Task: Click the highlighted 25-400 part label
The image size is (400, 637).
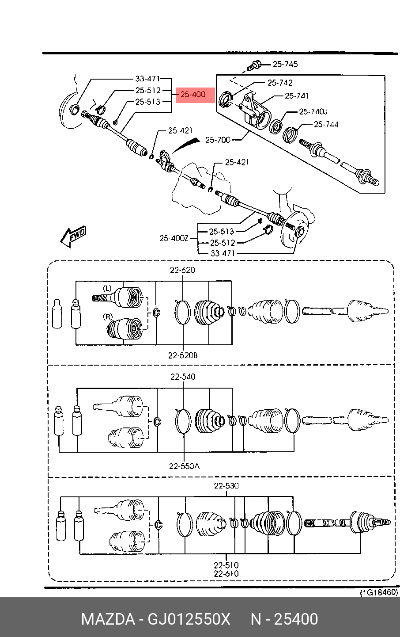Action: click(193, 95)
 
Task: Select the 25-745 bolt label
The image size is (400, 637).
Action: click(285, 64)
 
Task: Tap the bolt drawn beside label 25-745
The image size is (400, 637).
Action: click(253, 65)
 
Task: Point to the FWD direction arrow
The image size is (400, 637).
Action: click(73, 236)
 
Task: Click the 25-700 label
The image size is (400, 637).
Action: click(218, 140)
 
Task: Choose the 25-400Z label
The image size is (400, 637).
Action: click(174, 238)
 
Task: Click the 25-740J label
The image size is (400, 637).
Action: click(313, 111)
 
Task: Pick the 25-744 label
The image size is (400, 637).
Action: click(326, 124)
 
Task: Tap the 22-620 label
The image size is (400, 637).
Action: click(182, 270)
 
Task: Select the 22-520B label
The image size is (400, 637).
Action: click(183, 355)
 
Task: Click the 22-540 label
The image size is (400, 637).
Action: click(183, 377)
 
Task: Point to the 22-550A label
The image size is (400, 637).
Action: click(185, 466)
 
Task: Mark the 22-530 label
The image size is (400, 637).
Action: click(226, 486)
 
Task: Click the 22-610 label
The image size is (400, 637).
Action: click(226, 574)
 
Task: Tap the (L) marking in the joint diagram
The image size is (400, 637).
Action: click(107, 288)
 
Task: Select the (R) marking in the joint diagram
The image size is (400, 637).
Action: click(108, 317)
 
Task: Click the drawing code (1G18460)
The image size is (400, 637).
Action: click(379, 592)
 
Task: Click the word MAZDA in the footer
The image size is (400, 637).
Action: click(108, 619)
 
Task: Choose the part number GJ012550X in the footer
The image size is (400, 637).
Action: click(189, 619)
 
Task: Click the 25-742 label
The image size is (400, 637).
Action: click(280, 83)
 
